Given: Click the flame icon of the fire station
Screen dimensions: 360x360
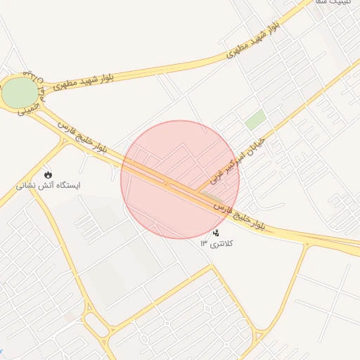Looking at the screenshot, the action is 48,174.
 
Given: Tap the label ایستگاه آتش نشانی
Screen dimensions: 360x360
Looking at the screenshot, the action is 49,186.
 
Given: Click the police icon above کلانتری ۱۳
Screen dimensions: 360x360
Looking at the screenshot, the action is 217,233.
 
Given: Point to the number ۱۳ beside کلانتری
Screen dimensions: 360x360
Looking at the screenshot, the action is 204,243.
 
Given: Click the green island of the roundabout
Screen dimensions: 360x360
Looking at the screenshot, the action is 19,92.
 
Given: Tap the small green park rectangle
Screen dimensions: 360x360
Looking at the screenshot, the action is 255,120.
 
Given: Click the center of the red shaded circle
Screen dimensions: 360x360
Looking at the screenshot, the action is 180,179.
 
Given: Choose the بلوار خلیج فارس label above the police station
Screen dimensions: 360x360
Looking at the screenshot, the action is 240,214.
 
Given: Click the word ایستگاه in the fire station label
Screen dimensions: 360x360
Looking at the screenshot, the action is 67,186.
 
